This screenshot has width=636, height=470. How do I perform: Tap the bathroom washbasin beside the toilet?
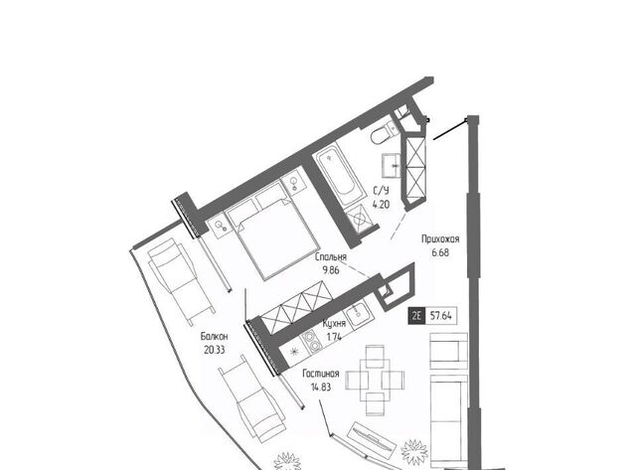click(x=392, y=165)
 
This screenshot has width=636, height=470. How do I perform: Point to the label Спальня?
click(x=331, y=256)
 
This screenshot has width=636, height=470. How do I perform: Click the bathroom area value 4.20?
click(x=382, y=204)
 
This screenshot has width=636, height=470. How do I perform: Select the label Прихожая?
click(x=440, y=238)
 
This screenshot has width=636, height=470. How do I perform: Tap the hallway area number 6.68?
click(x=440, y=252)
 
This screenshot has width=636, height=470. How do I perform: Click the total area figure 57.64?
click(x=441, y=316)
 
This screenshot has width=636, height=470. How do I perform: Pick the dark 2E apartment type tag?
click(x=416, y=316)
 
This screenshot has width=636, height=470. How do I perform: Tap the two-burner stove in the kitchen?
click(x=312, y=341)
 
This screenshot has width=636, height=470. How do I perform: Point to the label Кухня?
click(x=334, y=323)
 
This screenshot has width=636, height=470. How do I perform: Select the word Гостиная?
click(x=320, y=374)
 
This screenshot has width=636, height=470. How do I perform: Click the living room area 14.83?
click(x=321, y=387)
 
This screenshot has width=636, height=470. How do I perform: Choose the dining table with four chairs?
click(x=375, y=380)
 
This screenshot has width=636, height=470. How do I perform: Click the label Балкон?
click(x=215, y=336)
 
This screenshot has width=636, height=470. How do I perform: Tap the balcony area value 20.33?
click(x=215, y=350)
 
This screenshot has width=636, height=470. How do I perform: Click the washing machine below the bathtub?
click(x=360, y=219)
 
